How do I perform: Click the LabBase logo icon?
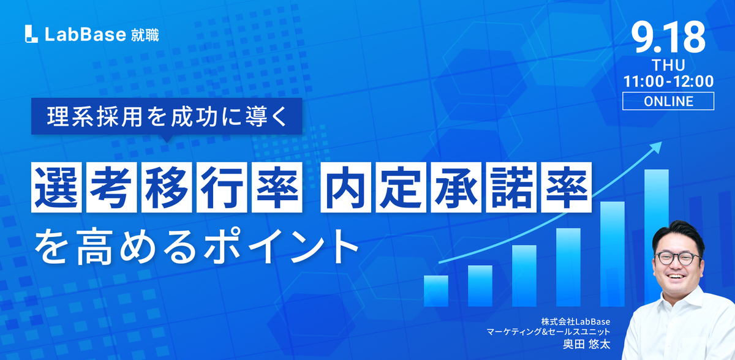click(31, 34)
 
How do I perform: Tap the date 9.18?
click(668, 38)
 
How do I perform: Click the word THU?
click(668, 66)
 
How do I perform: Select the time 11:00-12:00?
click(668, 81)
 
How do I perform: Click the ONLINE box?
click(668, 101)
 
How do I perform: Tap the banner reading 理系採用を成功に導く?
click(167, 116)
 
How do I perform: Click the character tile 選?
click(56, 187)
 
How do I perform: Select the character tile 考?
click(111, 187)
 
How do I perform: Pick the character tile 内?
click(346, 187)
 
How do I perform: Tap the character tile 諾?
click(511, 187)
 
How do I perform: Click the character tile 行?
click(222, 187)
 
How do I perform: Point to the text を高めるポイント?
click(196, 247)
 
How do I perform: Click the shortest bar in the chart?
click(435, 291)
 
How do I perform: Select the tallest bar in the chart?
click(656, 236)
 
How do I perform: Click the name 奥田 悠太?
click(586, 344)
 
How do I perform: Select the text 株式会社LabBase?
click(576, 321)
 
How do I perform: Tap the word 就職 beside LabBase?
click(145, 35)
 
